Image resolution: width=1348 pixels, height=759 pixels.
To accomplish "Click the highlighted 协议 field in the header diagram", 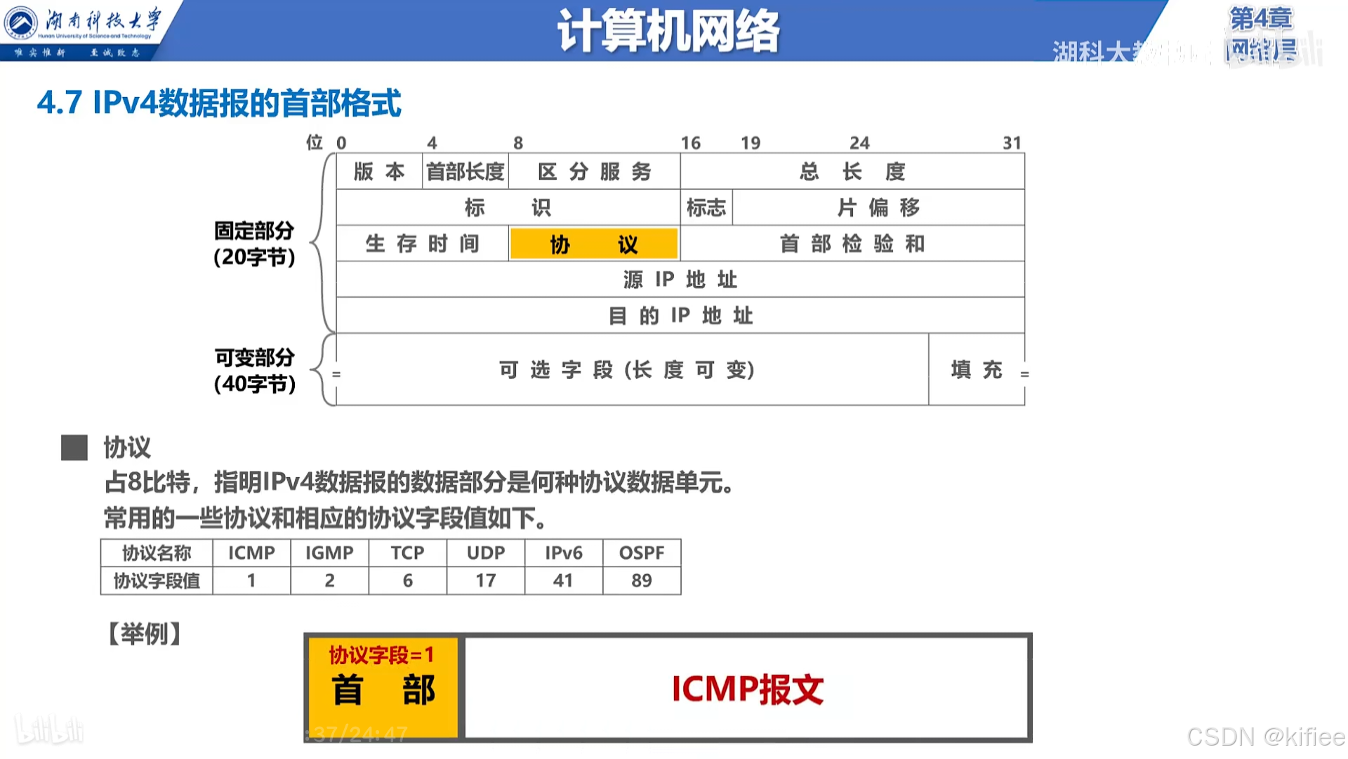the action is [594, 244].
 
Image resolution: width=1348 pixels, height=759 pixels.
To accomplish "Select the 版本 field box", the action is [379, 171].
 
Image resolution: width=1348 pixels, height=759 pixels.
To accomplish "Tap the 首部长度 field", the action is [465, 171].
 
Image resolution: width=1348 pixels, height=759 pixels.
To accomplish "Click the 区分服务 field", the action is [594, 171].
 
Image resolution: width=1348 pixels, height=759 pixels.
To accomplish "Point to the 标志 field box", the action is [706, 207].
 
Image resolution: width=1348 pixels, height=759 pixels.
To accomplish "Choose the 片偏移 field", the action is [878, 207].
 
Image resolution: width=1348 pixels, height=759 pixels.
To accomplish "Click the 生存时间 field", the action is [422, 244].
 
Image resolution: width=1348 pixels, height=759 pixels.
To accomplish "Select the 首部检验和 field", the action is [852, 244].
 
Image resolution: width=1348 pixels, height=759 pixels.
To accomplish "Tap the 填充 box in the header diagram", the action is [976, 370].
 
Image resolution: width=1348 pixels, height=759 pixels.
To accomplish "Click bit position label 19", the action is [751, 143].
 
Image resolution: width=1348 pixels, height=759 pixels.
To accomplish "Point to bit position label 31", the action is [1012, 143].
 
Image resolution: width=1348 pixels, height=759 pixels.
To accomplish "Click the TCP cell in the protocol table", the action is [407, 553].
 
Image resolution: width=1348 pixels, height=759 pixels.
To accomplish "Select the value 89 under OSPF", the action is [642, 580].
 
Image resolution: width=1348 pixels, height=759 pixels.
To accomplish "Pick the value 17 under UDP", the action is [486, 580].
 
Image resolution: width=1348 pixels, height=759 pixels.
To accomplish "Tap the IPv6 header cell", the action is [564, 553].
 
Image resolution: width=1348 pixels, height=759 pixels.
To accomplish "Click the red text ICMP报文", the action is [748, 689].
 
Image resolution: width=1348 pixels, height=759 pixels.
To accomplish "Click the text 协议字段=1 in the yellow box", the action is [383, 655].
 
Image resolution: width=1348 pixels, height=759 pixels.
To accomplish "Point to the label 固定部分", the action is [254, 231].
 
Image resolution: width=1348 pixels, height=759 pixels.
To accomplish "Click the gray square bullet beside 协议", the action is [74, 448].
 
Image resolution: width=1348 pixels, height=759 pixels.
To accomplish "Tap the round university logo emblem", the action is [21, 23].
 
